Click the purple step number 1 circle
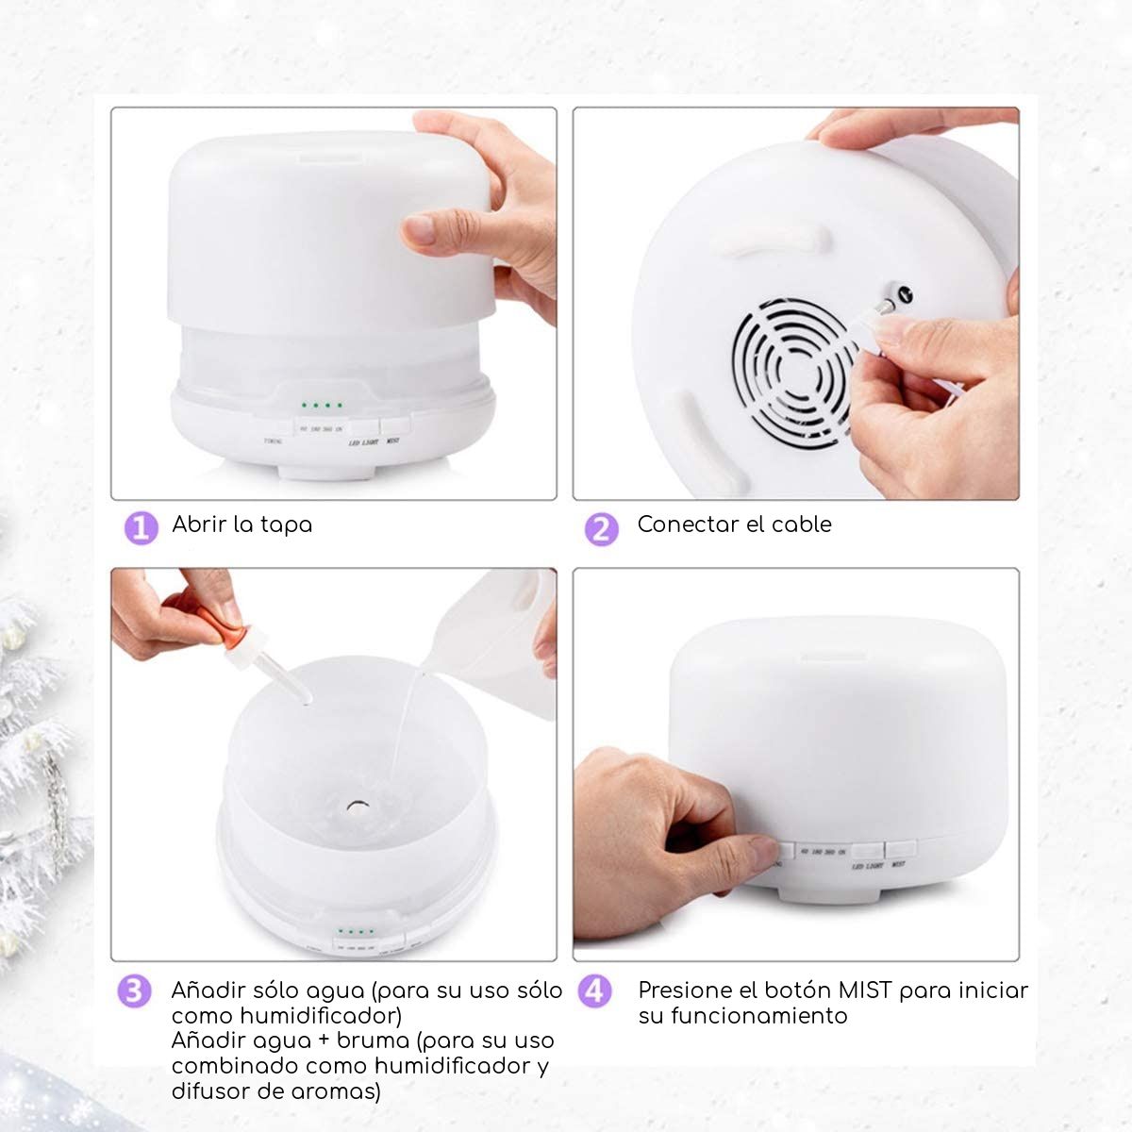coord(141,527)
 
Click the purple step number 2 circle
coord(601,528)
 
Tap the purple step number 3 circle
coord(134,991)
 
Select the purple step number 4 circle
coord(594,991)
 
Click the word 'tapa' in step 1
coord(285,525)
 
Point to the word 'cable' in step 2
coord(801,524)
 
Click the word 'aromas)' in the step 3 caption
coord(335,1091)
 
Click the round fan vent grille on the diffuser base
coord(792,374)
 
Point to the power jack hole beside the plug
coord(903,294)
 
